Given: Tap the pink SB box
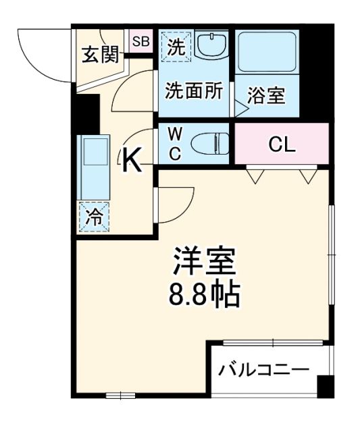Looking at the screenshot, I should [x=141, y=42].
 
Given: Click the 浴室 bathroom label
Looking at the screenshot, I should [x=266, y=94].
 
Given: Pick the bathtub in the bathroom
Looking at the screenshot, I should [x=267, y=52].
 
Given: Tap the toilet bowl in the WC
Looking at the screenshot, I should [x=209, y=143].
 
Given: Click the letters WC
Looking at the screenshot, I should [x=174, y=143].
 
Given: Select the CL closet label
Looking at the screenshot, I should [x=282, y=144].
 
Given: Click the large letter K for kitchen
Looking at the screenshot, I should [x=133, y=160].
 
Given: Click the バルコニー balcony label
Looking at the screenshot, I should [x=264, y=370].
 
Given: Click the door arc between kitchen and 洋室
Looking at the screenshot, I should [x=172, y=206].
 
